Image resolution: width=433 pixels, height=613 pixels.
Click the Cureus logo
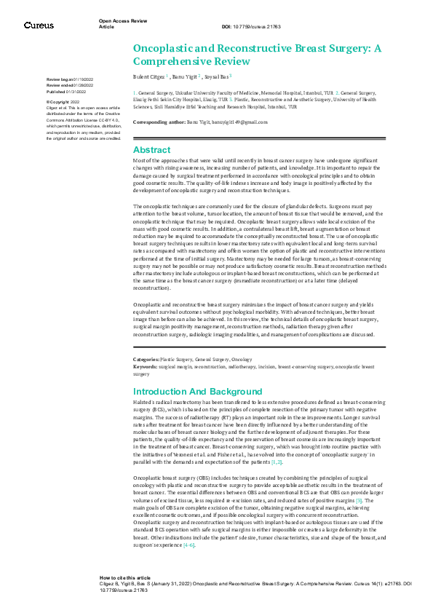coord(39,25)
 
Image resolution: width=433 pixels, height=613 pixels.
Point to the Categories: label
coord(146,360)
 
